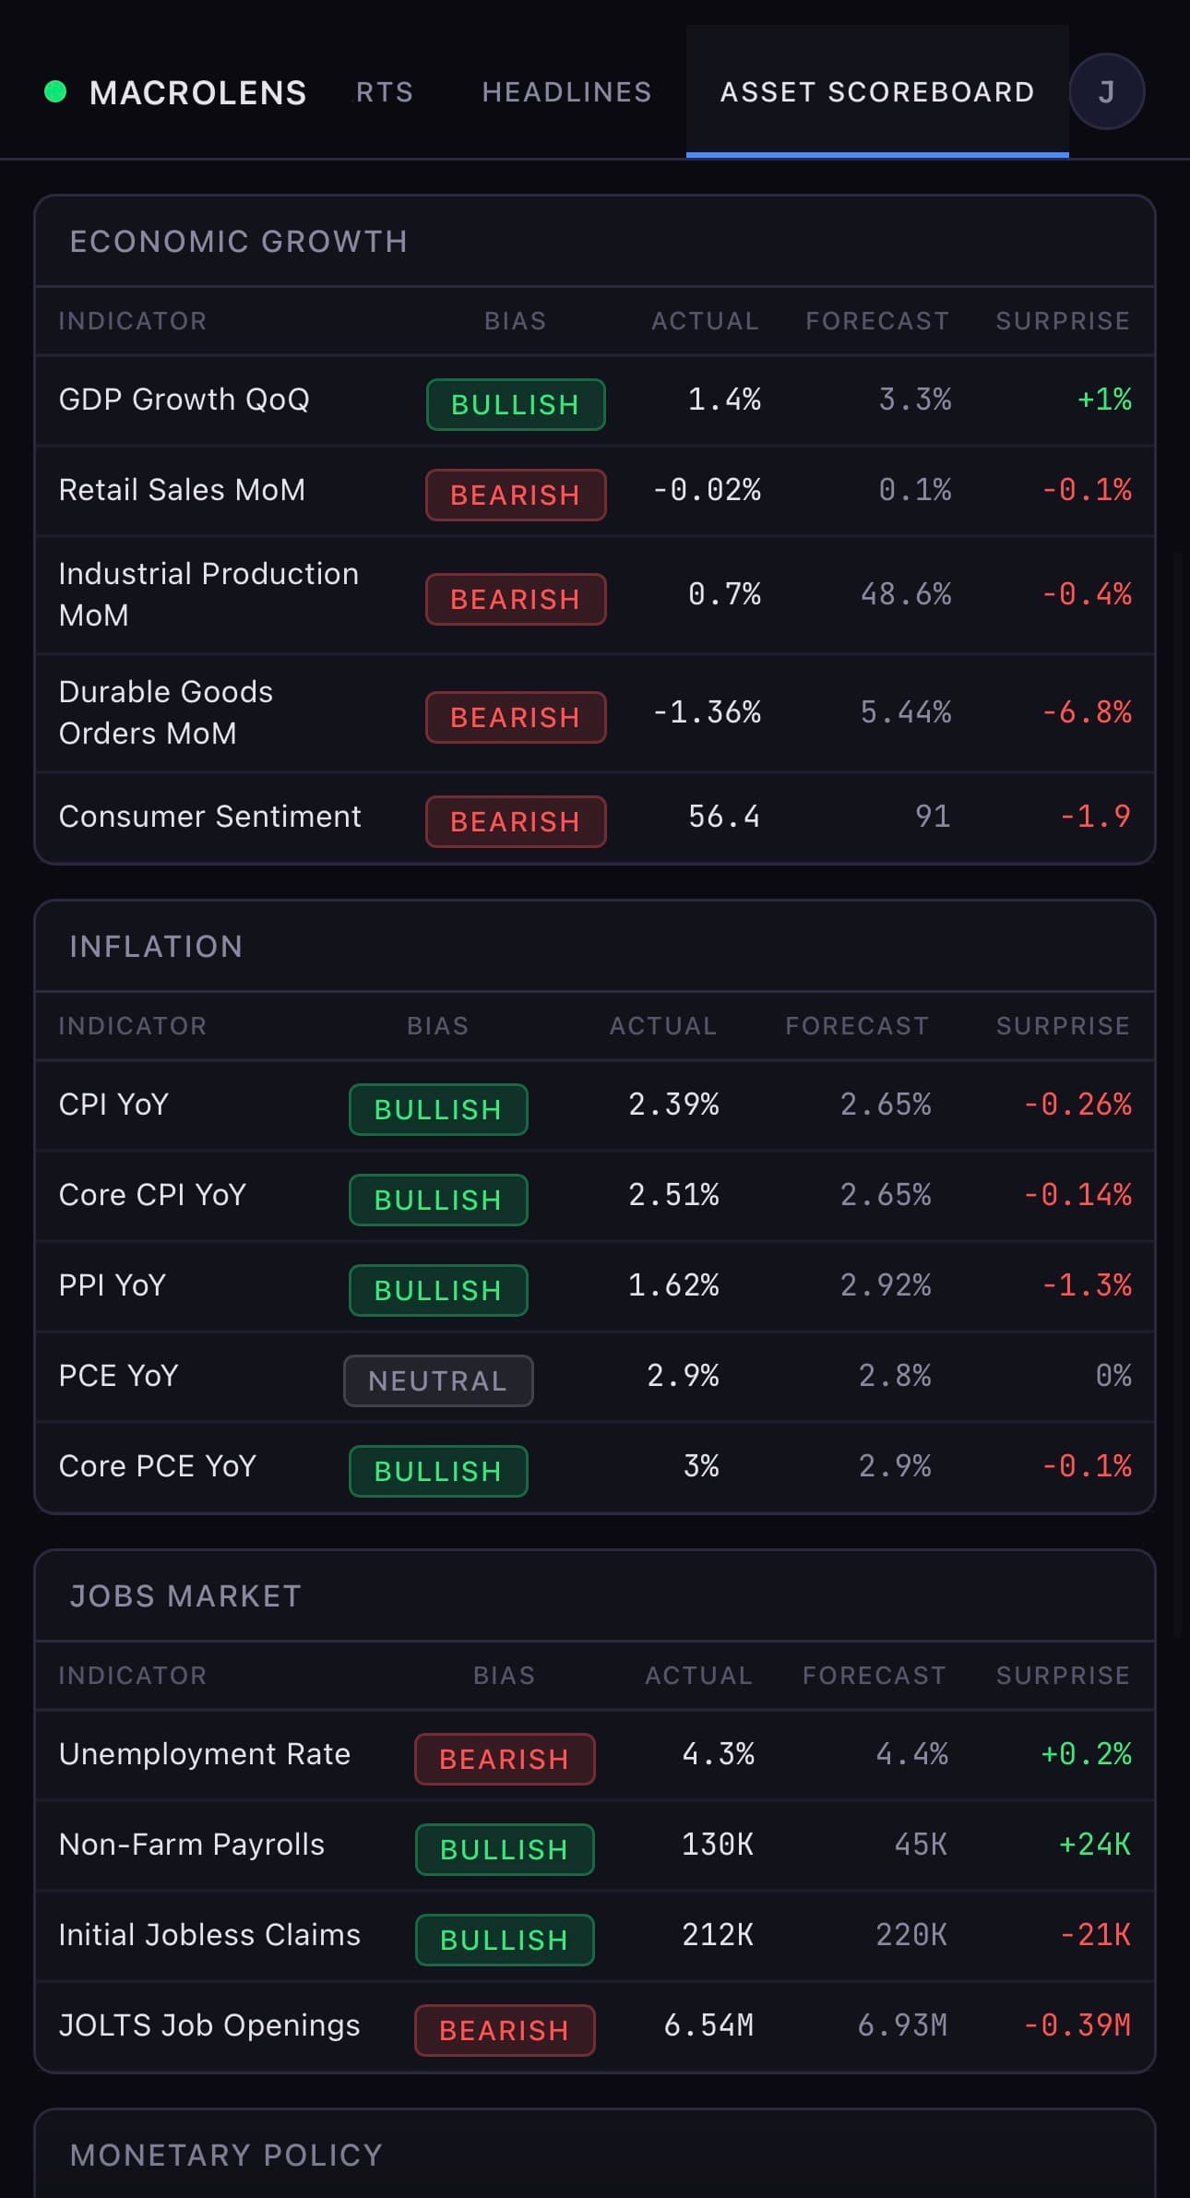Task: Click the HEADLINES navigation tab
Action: (x=566, y=92)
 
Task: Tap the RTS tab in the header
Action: (x=385, y=92)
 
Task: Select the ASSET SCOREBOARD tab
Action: (x=876, y=92)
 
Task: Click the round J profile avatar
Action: (x=1106, y=92)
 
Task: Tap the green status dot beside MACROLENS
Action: (x=55, y=91)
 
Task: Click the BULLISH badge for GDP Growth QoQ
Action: (x=516, y=404)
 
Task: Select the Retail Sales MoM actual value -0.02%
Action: (x=707, y=490)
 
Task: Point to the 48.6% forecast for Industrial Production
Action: (x=905, y=594)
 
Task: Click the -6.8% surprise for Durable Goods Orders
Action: (x=1086, y=712)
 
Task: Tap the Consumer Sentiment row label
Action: (x=209, y=817)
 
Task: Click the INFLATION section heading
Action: (x=156, y=947)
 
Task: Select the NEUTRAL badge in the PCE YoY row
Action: (x=438, y=1380)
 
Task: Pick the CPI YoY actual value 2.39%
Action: (x=673, y=1105)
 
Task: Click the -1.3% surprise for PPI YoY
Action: (x=1086, y=1285)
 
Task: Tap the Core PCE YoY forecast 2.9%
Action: (x=894, y=1466)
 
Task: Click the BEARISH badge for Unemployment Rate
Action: (x=505, y=1759)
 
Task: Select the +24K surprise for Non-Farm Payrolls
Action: (x=1094, y=1845)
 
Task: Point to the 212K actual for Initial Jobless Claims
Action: (x=717, y=1935)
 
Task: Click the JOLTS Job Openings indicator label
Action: (x=209, y=2025)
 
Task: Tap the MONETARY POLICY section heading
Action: (x=226, y=2156)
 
